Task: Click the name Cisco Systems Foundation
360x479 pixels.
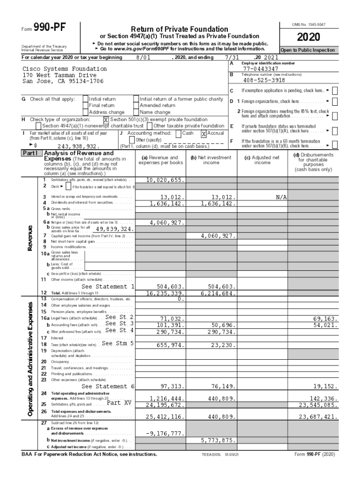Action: (65, 69)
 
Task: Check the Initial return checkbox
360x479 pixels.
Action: (85, 99)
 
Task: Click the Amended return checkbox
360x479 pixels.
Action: (136, 106)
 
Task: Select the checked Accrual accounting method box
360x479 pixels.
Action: (204, 133)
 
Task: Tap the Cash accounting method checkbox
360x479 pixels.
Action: (179, 133)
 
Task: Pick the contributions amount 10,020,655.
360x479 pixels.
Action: (166, 180)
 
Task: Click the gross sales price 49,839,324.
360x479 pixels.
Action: (115, 229)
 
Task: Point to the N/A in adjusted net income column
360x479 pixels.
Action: (281, 197)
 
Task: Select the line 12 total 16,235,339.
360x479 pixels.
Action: (166, 293)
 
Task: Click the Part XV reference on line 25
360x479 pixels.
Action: (119, 402)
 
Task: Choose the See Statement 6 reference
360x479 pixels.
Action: (108, 386)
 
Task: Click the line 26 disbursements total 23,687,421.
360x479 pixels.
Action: (318, 416)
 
